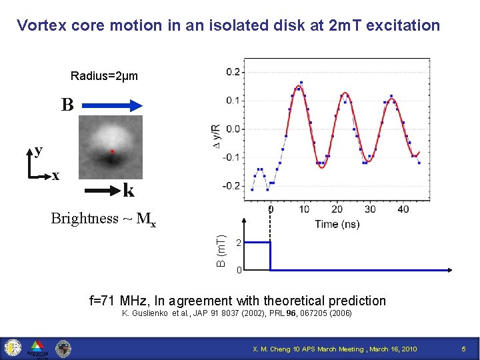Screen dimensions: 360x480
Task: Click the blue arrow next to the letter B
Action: (x=113, y=105)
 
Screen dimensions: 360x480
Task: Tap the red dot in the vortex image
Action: (x=112, y=152)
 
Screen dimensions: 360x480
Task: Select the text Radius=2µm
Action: (x=104, y=76)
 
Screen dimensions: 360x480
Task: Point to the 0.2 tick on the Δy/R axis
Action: (x=233, y=71)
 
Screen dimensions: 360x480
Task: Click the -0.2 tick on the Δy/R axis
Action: (x=232, y=186)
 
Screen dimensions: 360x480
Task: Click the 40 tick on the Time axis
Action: (x=402, y=209)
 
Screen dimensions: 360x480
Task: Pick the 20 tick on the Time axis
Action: (x=337, y=209)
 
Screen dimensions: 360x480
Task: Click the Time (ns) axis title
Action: (x=337, y=223)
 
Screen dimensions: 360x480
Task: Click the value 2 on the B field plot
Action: (x=239, y=243)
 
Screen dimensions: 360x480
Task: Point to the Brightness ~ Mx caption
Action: (x=104, y=219)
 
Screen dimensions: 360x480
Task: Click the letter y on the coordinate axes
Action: (x=38, y=150)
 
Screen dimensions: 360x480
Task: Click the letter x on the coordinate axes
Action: (x=56, y=175)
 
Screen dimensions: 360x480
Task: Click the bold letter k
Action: (x=129, y=191)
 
